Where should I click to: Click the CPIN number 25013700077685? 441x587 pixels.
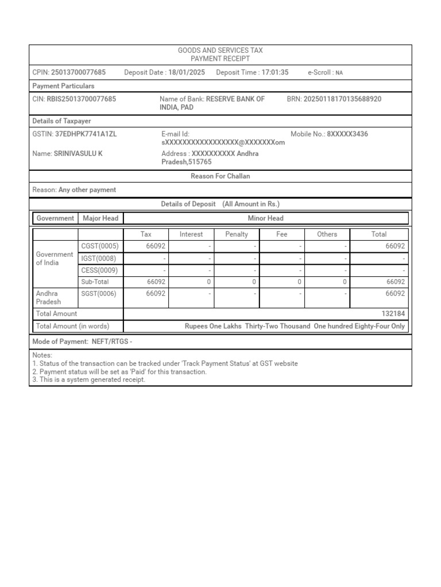pos(78,73)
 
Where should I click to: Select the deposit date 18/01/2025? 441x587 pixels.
pos(187,73)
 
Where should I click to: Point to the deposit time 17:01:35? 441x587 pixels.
pos(275,73)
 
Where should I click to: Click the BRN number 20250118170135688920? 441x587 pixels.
pos(342,99)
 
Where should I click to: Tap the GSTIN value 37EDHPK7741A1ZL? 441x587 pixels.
pos(86,134)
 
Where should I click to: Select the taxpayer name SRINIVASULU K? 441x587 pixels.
pos(78,154)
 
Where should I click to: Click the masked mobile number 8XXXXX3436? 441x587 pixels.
pos(347,134)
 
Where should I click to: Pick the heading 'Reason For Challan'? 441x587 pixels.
pos(220,177)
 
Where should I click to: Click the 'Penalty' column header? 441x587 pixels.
pos(237,234)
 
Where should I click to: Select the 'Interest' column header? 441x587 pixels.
pos(191,234)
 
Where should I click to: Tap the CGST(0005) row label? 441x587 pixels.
pos(100,246)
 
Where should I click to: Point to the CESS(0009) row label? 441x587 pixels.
pos(100,270)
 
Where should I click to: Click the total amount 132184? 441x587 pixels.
pos(393,314)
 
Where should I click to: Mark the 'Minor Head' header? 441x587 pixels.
pos(265,218)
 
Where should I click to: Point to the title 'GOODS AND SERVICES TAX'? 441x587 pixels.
pos(220,51)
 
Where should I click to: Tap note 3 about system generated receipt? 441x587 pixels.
pos(89,379)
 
